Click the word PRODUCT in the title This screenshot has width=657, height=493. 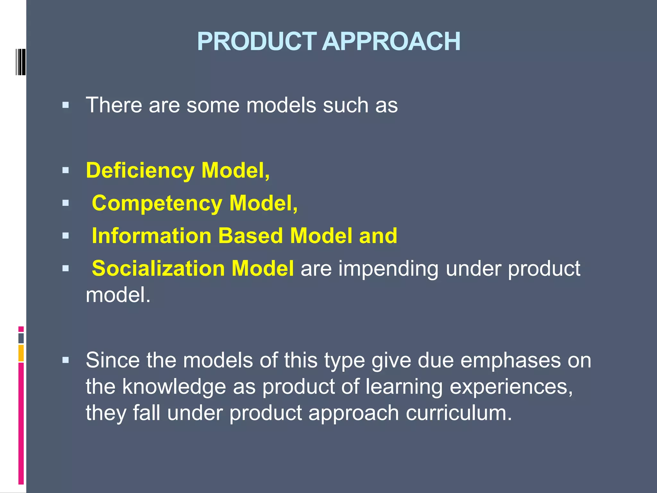tap(257, 42)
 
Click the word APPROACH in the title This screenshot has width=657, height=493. tap(391, 42)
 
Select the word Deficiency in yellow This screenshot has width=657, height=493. tap(140, 170)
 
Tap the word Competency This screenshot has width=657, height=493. tap(157, 203)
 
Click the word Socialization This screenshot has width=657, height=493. tap(158, 269)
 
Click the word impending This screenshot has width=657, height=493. tap(388, 269)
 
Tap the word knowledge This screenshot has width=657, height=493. tap(174, 386)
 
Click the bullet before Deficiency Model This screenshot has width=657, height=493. tap(66, 170)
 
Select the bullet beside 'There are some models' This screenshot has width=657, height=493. tap(66, 105)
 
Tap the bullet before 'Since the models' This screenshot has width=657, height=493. tap(66, 360)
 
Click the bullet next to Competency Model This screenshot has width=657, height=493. tap(66, 203)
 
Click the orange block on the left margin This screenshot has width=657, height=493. tap(21, 353)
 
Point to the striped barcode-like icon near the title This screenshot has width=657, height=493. tap(21, 62)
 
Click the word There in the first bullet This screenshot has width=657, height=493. tap(114, 105)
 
